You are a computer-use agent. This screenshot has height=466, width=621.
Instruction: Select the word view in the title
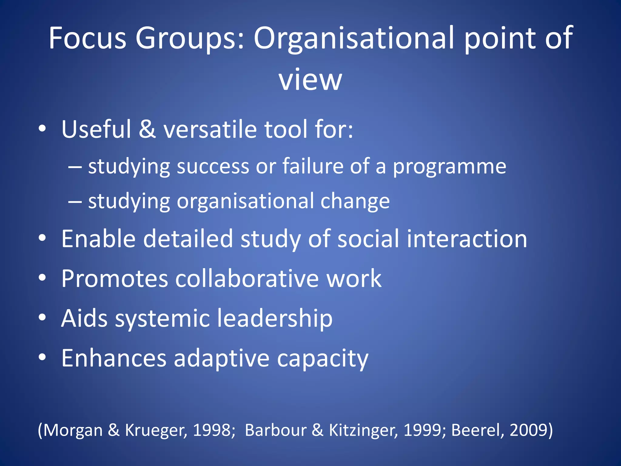[310, 80]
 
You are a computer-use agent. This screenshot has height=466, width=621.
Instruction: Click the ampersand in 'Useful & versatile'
[147, 129]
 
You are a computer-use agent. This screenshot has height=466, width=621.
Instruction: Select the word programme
[450, 167]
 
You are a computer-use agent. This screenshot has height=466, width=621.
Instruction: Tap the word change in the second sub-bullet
[355, 201]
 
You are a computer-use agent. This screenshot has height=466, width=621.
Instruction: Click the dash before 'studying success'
[75, 167]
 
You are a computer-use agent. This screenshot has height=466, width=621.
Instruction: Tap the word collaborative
[247, 279]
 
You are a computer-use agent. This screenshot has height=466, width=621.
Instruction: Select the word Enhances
[114, 358]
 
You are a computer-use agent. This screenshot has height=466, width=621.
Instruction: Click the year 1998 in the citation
[212, 430]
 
